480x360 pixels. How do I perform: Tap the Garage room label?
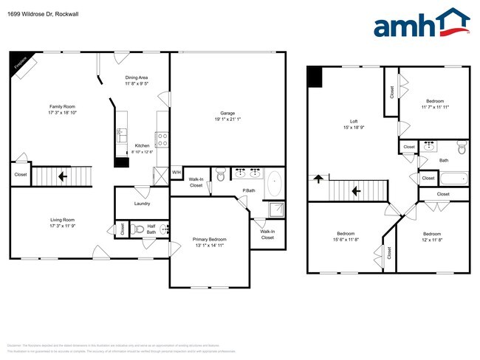coord(227,114)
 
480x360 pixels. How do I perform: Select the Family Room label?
coord(62,106)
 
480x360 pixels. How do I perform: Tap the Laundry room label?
coord(143,204)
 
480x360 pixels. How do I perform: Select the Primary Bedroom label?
coord(210,240)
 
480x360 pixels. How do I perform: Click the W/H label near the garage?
coord(176,173)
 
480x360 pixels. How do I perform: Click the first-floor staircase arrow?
coord(63,176)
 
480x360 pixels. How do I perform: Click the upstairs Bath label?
coord(443,159)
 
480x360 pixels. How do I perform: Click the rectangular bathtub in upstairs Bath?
coord(453,178)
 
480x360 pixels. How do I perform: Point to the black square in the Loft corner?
coord(315,77)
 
